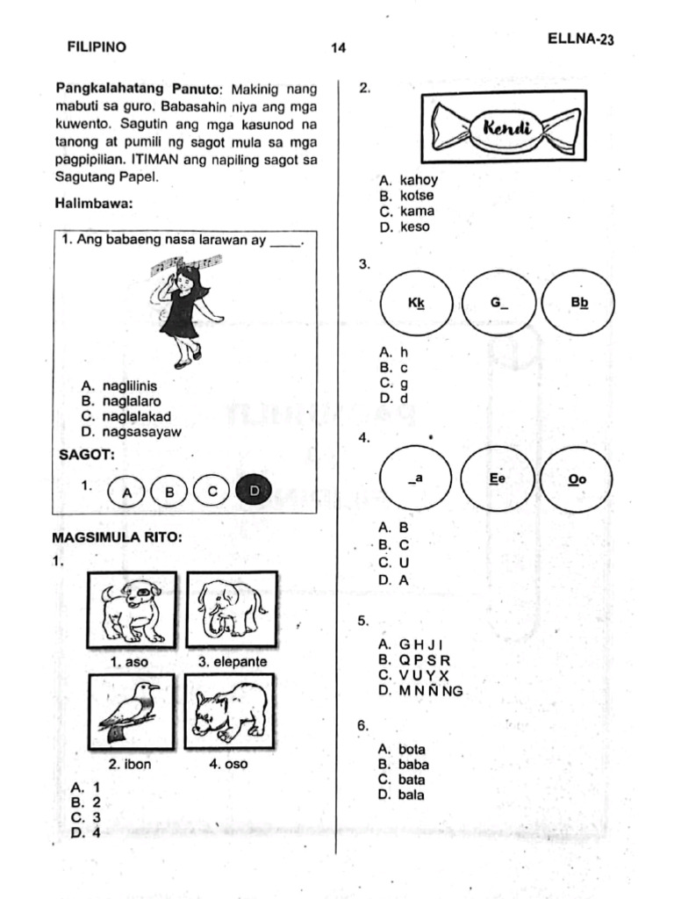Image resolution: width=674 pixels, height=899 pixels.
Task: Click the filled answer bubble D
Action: pos(254,490)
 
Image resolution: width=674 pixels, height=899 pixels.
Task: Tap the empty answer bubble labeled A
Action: pos(127,492)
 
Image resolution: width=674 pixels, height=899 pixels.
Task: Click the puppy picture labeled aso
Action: pos(132,610)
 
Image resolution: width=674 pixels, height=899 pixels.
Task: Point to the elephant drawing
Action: pos(232,609)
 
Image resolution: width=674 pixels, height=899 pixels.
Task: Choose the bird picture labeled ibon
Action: pos(132,712)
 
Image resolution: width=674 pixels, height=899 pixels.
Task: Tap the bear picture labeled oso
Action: pos(230,711)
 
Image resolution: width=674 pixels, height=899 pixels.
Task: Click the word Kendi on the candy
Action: pos(507,127)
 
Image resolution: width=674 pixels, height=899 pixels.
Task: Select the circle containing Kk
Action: pos(417,303)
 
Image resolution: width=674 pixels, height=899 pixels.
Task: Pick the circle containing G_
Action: pos(498,303)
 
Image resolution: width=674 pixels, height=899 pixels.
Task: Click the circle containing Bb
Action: pos(578,303)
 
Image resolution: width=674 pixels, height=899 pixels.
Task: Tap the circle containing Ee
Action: pos(497,478)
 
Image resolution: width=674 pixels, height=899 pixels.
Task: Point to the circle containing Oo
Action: pos(576,478)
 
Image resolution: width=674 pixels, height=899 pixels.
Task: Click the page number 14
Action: pos(338,47)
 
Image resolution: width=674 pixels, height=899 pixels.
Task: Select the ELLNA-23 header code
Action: pos(581,39)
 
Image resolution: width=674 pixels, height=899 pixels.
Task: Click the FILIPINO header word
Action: pos(97,47)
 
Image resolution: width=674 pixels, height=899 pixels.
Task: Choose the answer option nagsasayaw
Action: pos(132,432)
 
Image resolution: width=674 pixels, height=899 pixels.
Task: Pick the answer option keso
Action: pos(404,227)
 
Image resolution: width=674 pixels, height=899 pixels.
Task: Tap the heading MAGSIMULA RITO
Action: pos(117,538)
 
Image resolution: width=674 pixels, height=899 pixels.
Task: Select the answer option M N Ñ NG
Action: pos(420,691)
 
